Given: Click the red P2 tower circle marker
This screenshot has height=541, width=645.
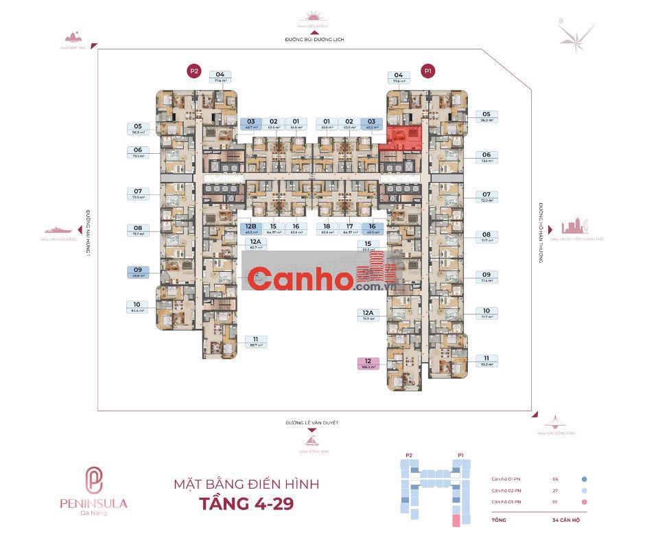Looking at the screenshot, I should point(194,70).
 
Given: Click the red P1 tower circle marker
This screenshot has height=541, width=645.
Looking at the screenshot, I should point(429,70).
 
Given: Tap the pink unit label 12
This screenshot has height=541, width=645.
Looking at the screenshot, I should point(368,364).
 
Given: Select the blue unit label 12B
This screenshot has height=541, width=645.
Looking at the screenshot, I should point(250,229).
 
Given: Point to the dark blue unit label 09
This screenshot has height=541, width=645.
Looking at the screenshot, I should point(137,272).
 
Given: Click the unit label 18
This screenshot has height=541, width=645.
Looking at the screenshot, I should point(327,229).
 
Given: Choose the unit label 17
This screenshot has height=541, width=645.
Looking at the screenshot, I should point(349,229).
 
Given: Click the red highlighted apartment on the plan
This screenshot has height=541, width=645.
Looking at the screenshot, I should point(401,137).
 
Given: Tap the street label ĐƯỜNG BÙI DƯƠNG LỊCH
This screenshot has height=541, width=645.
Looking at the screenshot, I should point(314,40).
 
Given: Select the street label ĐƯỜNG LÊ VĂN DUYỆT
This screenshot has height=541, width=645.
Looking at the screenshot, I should point(313,423).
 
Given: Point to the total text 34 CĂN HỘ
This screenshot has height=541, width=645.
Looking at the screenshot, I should point(568,521).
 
